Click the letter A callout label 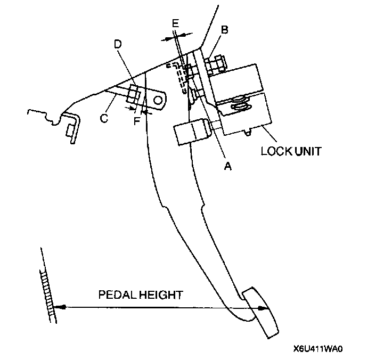click(x=227, y=167)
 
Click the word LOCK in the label click(x=275, y=151)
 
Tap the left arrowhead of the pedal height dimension click(x=59, y=307)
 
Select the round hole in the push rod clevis click(x=158, y=99)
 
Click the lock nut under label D click(x=134, y=96)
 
